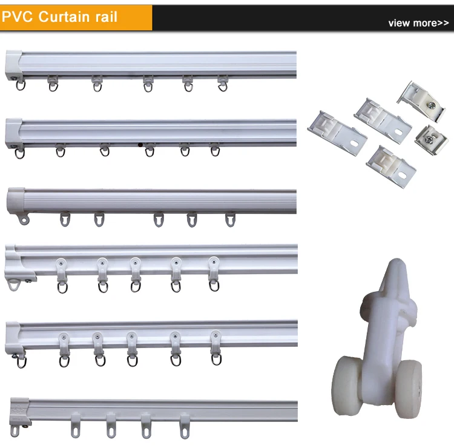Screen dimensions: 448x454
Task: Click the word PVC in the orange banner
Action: [x=18, y=16]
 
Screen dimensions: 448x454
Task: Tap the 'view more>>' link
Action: [x=418, y=23]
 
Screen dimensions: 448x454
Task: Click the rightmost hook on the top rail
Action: [x=223, y=84]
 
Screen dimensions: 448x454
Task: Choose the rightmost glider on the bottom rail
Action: [x=183, y=426]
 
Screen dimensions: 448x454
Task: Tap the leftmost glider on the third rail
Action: [x=65, y=219]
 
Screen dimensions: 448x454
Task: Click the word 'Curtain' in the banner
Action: [x=63, y=16]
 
